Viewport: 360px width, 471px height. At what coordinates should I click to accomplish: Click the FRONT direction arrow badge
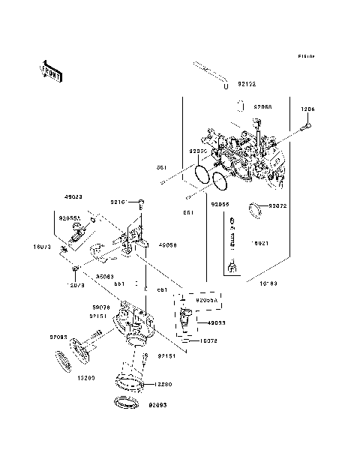coord(49,70)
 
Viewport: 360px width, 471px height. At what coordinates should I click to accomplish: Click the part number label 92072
coord(277,205)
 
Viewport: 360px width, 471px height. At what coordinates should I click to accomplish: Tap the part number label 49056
coord(167,245)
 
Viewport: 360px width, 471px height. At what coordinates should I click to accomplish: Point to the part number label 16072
coord(208,341)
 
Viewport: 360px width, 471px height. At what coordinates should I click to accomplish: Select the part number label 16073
coord(42,246)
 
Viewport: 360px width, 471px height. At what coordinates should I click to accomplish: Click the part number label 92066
coord(262,107)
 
